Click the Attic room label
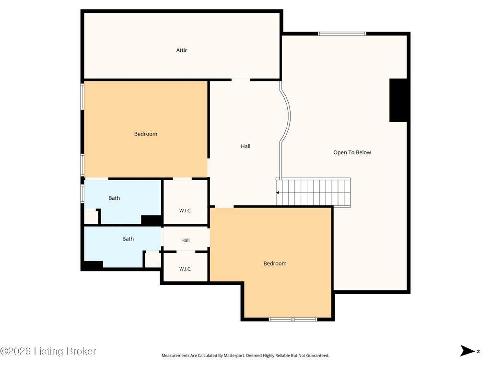coord(182,50)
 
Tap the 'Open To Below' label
coord(352,152)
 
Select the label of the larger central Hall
coord(245,146)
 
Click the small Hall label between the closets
coord(186,241)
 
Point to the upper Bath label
coord(114,198)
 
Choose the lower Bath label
coord(128,239)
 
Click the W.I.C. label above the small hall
coord(186,211)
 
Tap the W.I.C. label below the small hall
coord(186,269)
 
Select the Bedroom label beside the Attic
coord(146,134)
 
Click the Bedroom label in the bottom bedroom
coord(275,264)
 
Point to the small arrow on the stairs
coord(278,193)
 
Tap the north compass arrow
coord(467,351)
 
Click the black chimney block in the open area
coord(398,101)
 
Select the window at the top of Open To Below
coord(342,34)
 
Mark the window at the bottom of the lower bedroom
coord(293,319)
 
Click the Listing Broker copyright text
coord(48,351)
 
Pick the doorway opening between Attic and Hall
coord(241,80)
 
